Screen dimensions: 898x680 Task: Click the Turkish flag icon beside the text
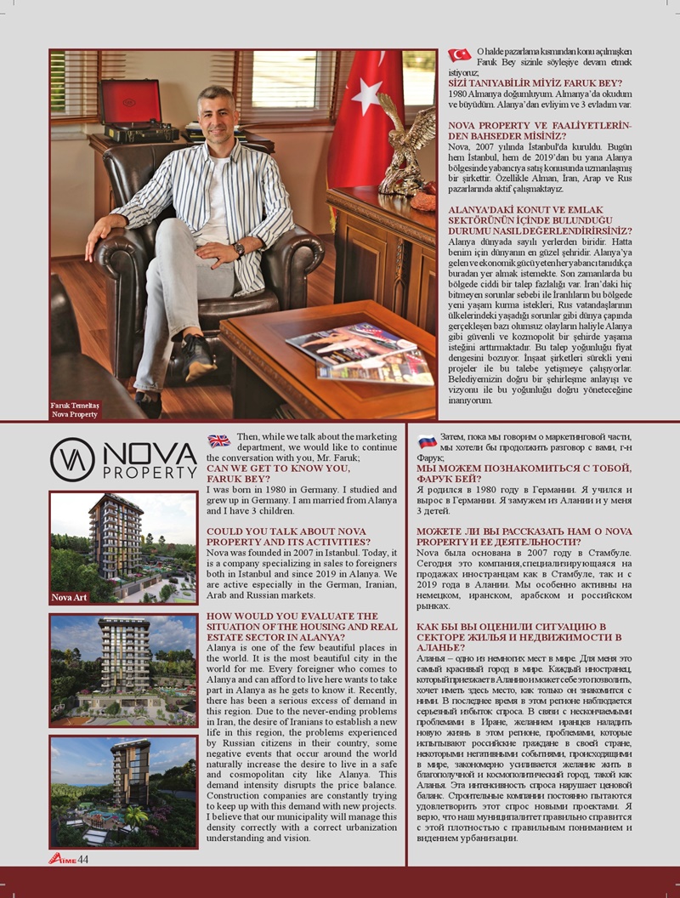coord(459,55)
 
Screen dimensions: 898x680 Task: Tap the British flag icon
coord(218,440)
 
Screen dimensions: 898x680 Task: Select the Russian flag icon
coord(427,440)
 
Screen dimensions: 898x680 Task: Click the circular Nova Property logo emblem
coord(72,459)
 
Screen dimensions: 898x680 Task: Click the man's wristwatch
coord(239,249)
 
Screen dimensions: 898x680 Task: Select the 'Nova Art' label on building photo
coord(69,598)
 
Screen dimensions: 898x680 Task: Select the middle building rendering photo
coord(123,669)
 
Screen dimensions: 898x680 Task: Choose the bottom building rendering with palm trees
coord(123,791)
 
